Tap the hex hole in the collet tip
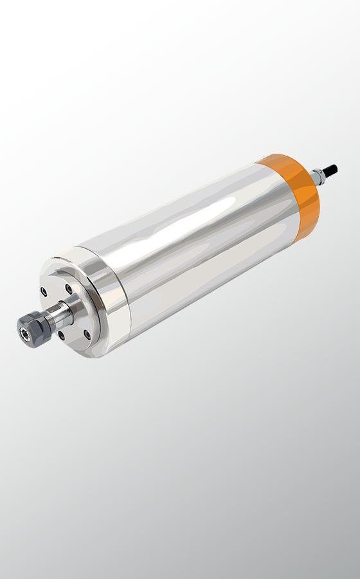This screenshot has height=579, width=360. (24, 333)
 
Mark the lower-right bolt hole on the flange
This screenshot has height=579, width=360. (87, 333)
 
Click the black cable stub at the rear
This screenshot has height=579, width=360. (329, 170)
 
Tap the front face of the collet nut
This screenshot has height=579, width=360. (24, 332)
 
